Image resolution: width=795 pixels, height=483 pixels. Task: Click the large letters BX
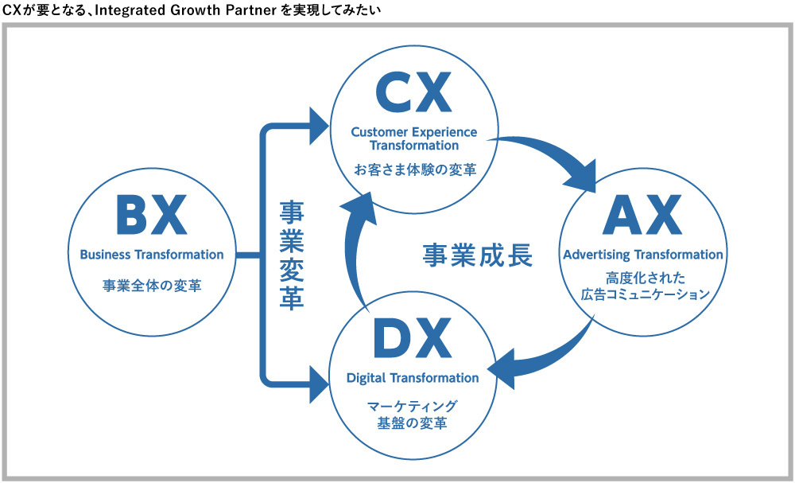point(151,216)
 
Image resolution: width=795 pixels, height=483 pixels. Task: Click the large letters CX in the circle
point(413,94)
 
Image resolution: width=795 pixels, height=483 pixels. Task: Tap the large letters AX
point(642,216)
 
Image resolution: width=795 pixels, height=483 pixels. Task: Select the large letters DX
point(412,341)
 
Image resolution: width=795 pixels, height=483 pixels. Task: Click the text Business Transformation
point(152,255)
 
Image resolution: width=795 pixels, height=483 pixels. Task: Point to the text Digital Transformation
point(413,377)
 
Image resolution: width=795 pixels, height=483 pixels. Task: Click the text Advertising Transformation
point(643,255)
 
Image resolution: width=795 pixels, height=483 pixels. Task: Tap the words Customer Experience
point(413,131)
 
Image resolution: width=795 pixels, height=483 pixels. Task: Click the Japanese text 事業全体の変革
point(151,284)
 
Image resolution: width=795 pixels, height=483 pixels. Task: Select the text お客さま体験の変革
point(413,169)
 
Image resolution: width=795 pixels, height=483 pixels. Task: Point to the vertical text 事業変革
point(292,255)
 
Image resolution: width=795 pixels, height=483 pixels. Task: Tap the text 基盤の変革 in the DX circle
point(412,421)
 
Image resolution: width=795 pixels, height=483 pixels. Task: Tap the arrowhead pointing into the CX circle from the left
point(318,125)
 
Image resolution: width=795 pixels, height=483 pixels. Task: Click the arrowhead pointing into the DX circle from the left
point(318,384)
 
